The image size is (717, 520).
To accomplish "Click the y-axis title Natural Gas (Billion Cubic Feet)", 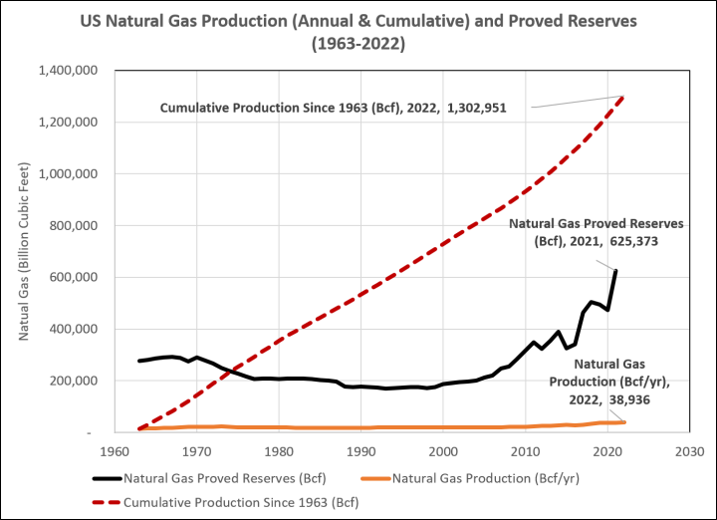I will tap(21, 253).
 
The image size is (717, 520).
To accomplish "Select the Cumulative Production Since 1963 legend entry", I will tap(240, 502).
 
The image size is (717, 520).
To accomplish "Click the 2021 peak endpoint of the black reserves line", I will tap(616, 271).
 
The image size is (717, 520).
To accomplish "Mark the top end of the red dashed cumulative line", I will tap(624, 97).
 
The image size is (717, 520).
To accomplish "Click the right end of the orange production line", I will tap(624, 422).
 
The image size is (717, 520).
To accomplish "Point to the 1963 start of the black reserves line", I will tap(139, 361).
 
